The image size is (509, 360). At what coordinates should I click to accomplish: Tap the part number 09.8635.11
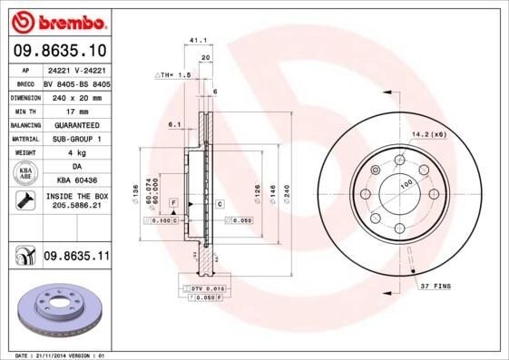[76, 258]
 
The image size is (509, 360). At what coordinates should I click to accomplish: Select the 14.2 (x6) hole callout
[429, 134]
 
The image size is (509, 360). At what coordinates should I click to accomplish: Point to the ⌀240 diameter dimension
[287, 193]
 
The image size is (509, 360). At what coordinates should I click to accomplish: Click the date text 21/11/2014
[60, 355]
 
